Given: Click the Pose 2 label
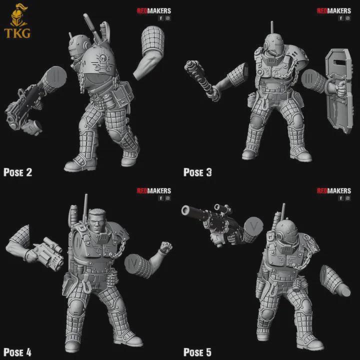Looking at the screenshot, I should (x=18, y=172).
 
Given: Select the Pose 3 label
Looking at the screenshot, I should (x=197, y=172).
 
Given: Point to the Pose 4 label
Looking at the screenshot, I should (x=18, y=352).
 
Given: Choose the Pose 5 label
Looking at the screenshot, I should (x=197, y=352).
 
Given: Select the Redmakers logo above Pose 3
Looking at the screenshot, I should (x=334, y=10).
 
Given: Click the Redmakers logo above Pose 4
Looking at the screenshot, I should (x=153, y=190).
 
